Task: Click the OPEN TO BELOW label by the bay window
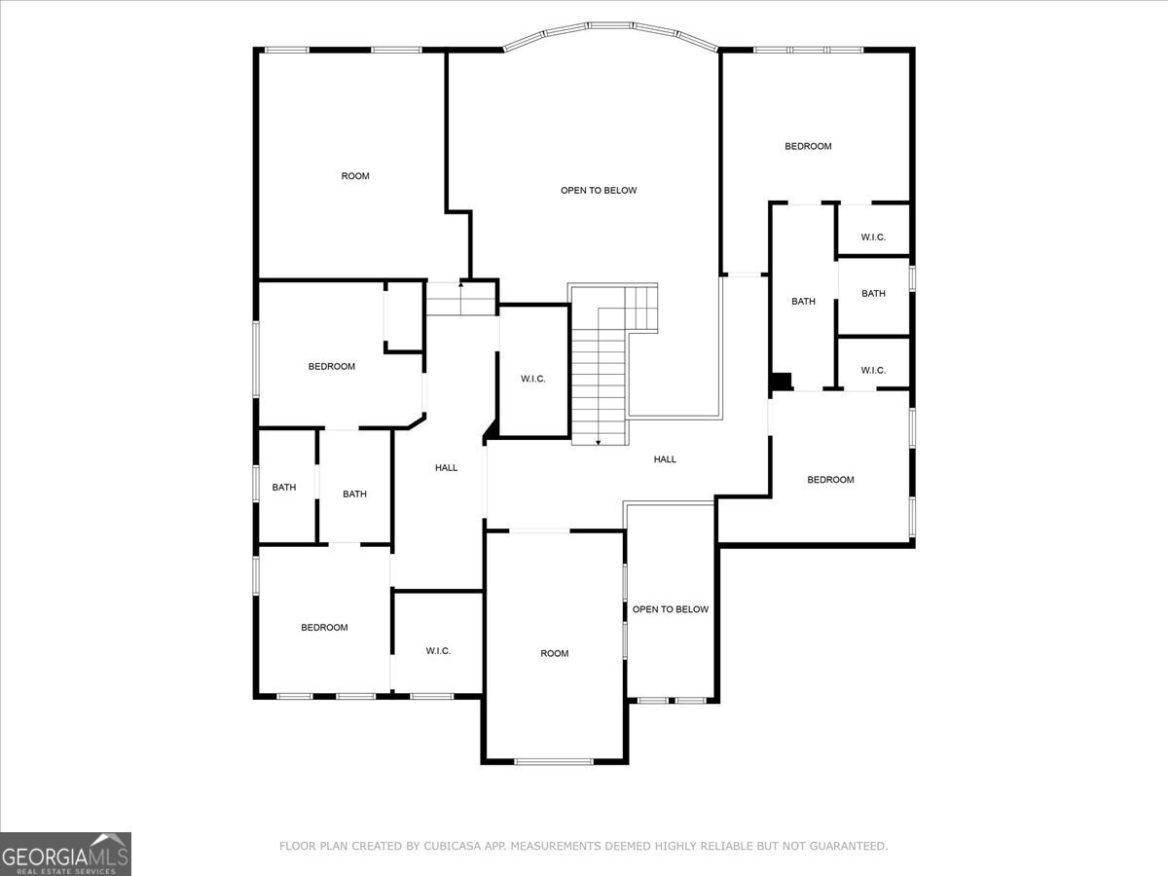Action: (599, 190)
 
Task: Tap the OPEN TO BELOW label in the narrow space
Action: (671, 609)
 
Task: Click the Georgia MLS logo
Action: (65, 854)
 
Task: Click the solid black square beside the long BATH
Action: (781, 382)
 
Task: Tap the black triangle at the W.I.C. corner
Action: (492, 429)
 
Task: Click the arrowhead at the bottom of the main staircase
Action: (599, 442)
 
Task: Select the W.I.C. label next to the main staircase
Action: (533, 379)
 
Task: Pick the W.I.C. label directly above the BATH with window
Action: (873, 237)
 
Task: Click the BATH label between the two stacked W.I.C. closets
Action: (873, 293)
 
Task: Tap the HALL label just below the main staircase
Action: (665, 459)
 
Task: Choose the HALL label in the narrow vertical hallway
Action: (446, 468)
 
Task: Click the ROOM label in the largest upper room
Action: (355, 176)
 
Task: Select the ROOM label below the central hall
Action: (555, 653)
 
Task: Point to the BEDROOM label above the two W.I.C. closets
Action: (808, 146)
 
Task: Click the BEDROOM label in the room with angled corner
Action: (332, 366)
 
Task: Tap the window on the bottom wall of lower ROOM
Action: (553, 761)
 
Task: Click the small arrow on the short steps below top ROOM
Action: (460, 285)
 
